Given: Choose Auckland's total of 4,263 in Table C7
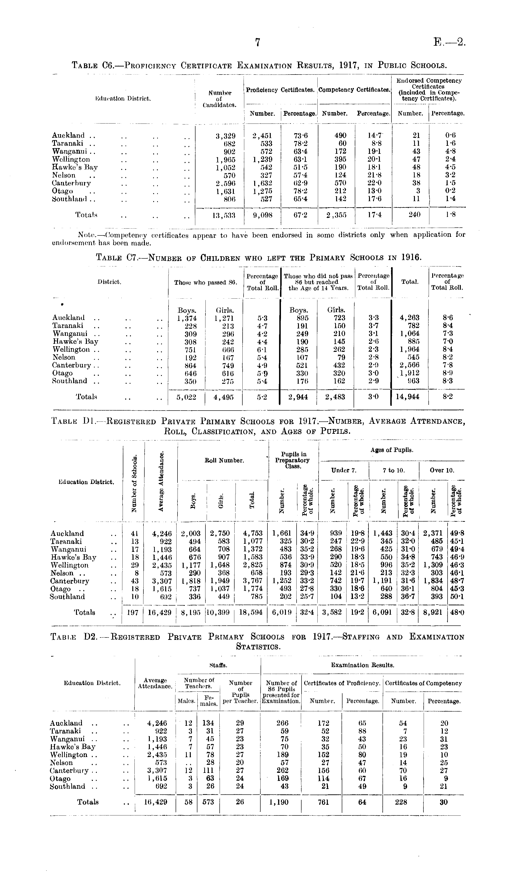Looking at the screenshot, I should point(409,318).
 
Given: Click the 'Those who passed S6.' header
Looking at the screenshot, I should point(206,282).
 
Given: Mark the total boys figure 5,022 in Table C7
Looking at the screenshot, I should point(187,397).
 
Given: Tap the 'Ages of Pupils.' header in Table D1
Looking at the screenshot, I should point(392,450).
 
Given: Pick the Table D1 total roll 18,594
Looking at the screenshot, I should point(251,612).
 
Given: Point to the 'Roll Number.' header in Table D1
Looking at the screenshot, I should point(224,460).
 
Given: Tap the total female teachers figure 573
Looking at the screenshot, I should point(208,802).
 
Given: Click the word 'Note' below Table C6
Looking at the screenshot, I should point(85,235).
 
